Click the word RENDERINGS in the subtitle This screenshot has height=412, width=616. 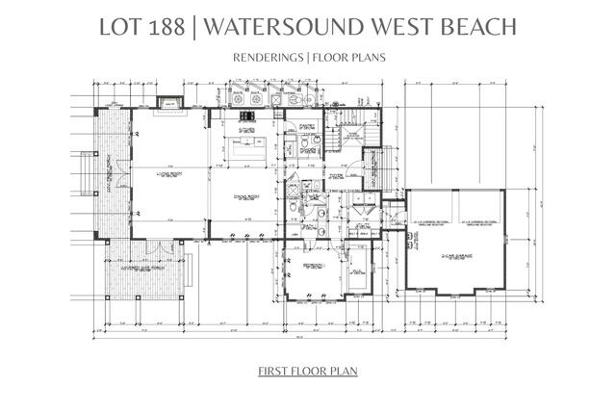pyautogui.click(x=267, y=57)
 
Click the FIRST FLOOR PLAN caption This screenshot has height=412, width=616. pyautogui.click(x=308, y=371)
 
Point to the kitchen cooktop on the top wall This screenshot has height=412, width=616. pyautogui.click(x=259, y=99)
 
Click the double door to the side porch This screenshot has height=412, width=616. pyautogui.click(x=153, y=241)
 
